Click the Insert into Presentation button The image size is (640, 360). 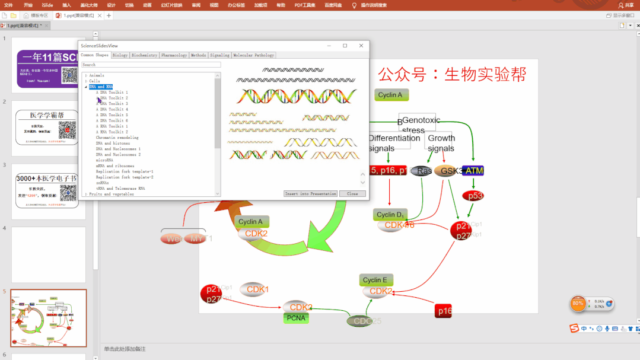click(310, 194)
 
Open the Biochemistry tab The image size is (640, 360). click(144, 55)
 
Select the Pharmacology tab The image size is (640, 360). click(174, 55)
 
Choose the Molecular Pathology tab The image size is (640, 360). click(253, 55)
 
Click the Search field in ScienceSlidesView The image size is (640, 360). click(151, 65)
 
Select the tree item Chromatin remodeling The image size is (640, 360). click(117, 138)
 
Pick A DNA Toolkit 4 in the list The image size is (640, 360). click(112, 109)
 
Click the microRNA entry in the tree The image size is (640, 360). click(104, 160)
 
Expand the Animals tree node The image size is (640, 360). click(86, 75)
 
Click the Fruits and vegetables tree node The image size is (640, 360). click(111, 194)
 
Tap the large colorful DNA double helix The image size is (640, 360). click(297, 96)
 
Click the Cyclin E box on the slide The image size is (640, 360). click(375, 280)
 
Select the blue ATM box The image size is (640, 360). click(473, 171)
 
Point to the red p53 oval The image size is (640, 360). click(473, 196)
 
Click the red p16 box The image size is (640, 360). click(443, 311)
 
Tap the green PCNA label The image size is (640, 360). click(295, 318)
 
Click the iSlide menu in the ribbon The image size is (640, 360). click(47, 5)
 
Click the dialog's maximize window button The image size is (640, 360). click(345, 46)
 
